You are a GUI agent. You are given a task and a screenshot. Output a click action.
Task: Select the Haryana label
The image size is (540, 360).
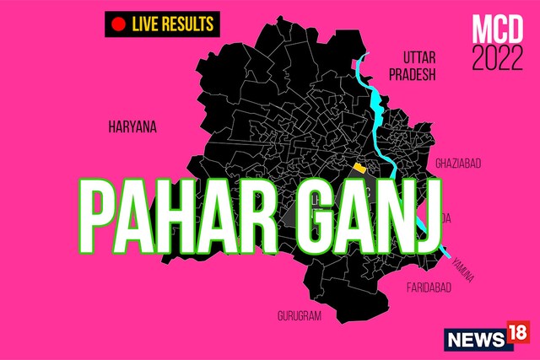coord(132,126)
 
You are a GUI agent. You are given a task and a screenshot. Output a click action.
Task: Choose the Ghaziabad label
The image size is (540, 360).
coord(457,161)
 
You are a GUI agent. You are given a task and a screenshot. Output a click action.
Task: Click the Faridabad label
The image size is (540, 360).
coord(428,287)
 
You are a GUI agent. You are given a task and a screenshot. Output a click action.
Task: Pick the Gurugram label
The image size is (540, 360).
coord(300,315)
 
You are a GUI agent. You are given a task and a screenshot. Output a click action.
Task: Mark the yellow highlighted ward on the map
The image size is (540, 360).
coord(360,168)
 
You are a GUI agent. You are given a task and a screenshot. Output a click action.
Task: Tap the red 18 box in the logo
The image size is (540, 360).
coord(517,336)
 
